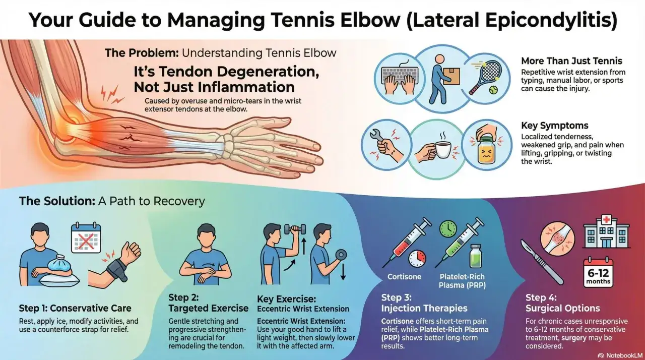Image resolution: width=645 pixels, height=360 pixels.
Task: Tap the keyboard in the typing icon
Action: (x=400, y=74)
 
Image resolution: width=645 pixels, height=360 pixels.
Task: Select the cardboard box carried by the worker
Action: (x=451, y=76)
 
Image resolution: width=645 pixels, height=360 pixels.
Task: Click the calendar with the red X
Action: (x=86, y=238)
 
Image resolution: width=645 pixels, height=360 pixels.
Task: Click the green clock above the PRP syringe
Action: (x=448, y=229)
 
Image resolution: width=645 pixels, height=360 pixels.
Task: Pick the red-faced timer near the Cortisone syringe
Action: (x=417, y=258)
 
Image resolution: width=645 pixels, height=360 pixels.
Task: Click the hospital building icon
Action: (x=607, y=232)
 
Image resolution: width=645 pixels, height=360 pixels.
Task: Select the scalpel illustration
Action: (x=542, y=262)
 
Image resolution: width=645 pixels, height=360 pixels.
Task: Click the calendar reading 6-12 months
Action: (x=598, y=272)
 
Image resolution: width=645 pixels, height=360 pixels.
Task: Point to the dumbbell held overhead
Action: (x=295, y=229)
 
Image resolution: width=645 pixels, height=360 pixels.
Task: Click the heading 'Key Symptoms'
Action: (x=555, y=126)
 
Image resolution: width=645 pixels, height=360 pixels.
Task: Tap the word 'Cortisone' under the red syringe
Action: (x=404, y=277)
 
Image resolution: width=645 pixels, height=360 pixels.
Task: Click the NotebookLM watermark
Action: (x=621, y=355)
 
